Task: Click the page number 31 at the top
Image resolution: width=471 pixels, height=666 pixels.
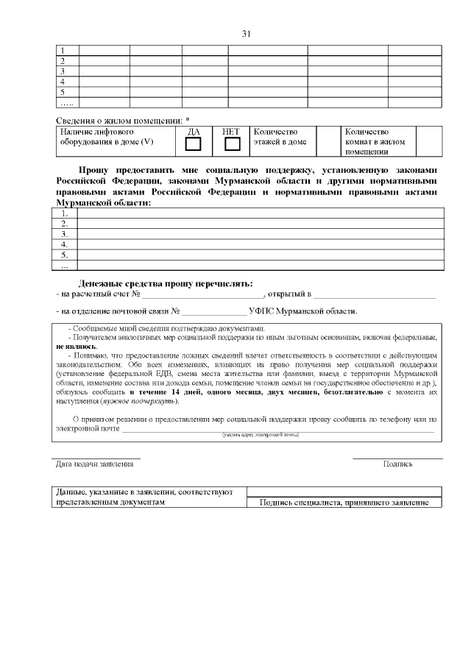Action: point(247,34)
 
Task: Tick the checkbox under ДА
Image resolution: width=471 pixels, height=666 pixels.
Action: point(194,144)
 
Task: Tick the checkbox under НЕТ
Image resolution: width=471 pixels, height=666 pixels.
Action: point(233,144)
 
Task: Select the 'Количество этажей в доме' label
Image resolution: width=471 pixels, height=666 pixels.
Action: point(280,137)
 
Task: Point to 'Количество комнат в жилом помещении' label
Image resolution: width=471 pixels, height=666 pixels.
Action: point(375,142)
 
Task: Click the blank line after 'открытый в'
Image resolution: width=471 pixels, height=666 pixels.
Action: point(375,296)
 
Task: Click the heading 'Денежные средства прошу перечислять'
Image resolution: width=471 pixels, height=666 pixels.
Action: point(165,284)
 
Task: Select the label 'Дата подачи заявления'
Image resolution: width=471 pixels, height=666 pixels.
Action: point(95,464)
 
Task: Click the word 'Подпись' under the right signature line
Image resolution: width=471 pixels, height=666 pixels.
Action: point(397,464)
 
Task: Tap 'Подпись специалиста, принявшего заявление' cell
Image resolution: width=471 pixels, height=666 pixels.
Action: point(344,503)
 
